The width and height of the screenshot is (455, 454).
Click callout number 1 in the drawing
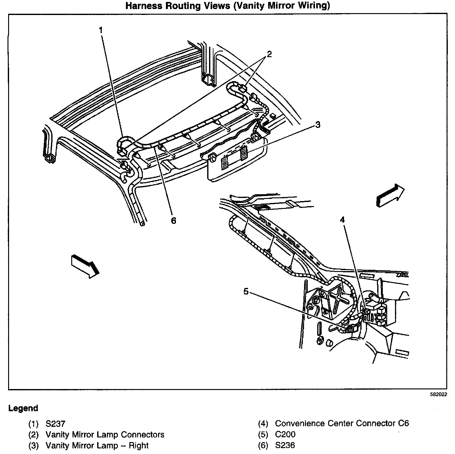(x=101, y=30)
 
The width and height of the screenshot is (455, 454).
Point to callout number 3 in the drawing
(x=317, y=125)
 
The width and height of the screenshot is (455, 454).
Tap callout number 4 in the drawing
(x=342, y=220)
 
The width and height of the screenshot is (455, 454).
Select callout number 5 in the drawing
(x=246, y=291)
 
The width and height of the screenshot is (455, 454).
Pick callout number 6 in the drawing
(x=173, y=221)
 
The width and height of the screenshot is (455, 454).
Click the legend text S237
(x=55, y=424)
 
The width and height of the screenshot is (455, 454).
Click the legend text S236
(x=285, y=446)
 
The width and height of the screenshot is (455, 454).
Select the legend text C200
(x=285, y=434)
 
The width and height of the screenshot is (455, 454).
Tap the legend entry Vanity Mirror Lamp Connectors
(x=105, y=435)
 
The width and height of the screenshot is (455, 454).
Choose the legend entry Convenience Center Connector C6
(x=342, y=423)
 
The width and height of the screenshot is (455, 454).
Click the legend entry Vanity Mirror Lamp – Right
(x=97, y=446)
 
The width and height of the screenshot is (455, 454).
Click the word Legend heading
(x=23, y=408)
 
